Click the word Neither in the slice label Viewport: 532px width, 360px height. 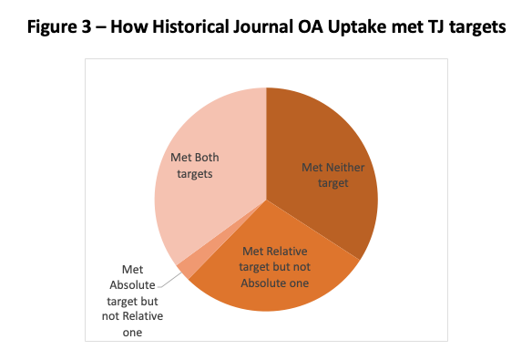tap(345, 168)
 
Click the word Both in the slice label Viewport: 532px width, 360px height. tap(207, 158)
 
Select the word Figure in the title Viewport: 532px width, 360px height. tap(52, 27)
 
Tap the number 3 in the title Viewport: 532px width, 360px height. tap(87, 27)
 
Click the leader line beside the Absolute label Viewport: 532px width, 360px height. tap(169, 280)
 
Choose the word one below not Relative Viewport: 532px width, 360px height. tap(132, 333)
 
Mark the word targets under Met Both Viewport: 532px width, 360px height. tap(195, 174)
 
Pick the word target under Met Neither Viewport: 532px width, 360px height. tap(332, 183)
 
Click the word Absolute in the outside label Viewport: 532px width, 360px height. tap(132, 285)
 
